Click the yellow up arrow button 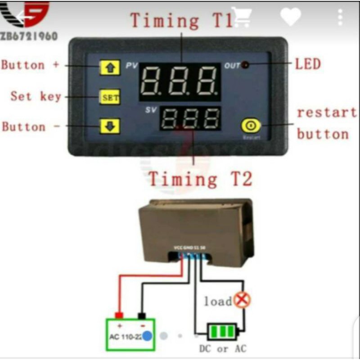110,68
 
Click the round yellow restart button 251,126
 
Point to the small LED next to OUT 246,65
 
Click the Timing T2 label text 201,179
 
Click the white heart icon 290,17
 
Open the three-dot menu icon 340,17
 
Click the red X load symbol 243,300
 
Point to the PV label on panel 131,66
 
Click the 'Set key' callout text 36,96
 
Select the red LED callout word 308,64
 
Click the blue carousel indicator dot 147,335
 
